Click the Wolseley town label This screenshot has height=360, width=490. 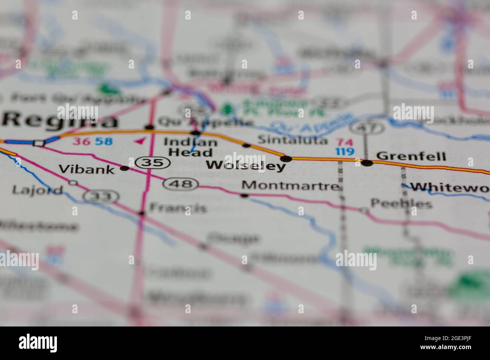coord(246,165)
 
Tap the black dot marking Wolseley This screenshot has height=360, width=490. coord(288,159)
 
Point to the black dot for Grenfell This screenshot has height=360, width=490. coord(367,163)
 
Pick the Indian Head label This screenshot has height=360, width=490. coord(191,147)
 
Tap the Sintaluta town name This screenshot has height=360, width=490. coord(292,140)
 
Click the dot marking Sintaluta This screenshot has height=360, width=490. coord(247,145)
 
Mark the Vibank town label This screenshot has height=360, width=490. coord(87,169)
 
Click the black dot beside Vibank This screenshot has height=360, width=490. coord(124,169)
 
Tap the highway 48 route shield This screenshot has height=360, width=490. coord(181,184)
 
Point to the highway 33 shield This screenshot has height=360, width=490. coord(101,196)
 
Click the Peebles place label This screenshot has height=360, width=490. coord(401,204)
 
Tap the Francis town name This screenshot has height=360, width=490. coord(178,208)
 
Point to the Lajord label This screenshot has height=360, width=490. coord(37,189)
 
